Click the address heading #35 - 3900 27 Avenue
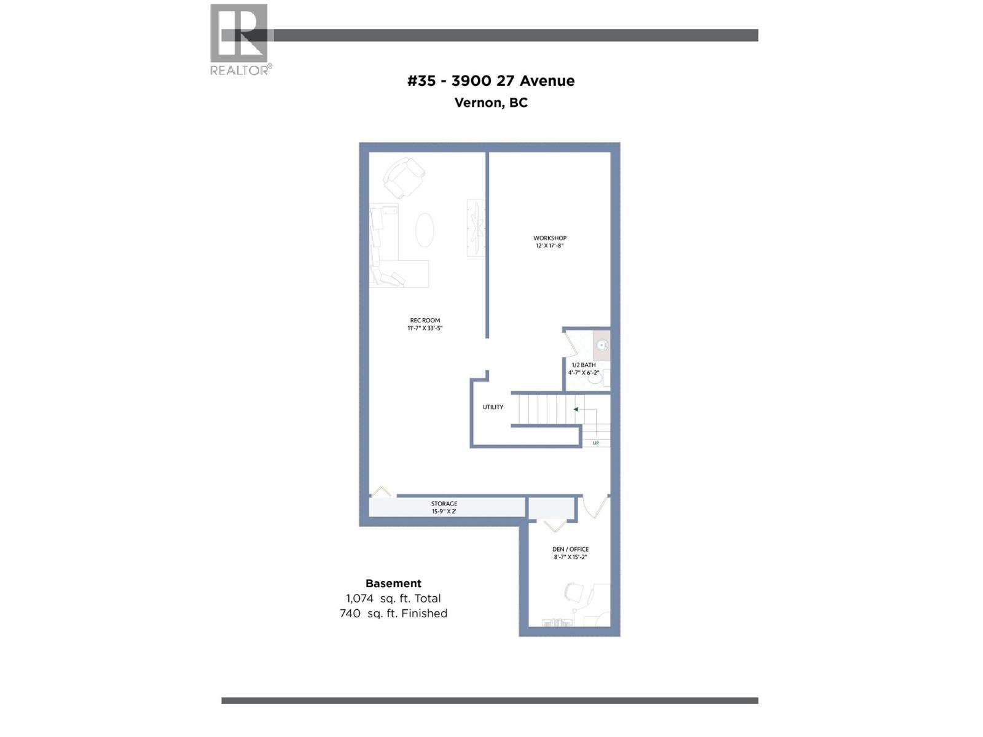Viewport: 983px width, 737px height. point(491,80)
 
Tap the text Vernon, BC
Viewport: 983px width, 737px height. point(491,103)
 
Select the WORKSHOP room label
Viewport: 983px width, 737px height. point(550,238)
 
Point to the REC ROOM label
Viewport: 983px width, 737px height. point(425,321)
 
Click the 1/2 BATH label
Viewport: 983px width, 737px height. point(584,365)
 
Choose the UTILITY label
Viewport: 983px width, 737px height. point(493,407)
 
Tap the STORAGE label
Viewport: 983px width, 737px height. point(444,504)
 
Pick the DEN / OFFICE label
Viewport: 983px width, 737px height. point(570,550)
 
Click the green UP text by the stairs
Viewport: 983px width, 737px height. point(596,443)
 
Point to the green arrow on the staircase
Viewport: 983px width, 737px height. point(576,409)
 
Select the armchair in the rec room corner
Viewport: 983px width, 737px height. point(404,177)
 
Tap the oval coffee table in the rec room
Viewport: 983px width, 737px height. point(425,230)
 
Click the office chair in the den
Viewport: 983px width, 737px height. point(574,593)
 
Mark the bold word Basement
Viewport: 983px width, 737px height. point(393,583)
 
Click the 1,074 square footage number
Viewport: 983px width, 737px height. point(359,598)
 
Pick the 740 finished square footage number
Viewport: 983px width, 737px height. point(350,613)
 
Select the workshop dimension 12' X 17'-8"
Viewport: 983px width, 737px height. point(550,246)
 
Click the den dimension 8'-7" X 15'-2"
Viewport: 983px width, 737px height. point(570,557)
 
